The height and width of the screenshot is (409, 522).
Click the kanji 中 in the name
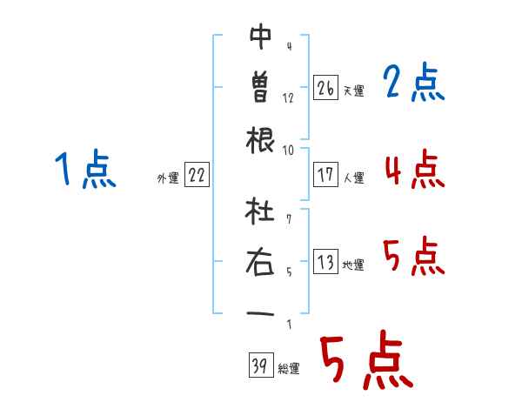261,37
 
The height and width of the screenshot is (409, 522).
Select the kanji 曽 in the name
260,87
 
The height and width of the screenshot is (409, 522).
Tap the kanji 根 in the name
260,140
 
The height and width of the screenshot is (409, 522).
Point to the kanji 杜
259,211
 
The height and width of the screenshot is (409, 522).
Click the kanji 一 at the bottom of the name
260,314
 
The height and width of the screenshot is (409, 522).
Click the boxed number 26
325,87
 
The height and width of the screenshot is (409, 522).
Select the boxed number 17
325,175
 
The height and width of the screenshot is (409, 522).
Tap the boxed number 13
325,261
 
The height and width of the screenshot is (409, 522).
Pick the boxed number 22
197,175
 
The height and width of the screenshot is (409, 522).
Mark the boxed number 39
261,365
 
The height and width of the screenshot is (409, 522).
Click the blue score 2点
413,82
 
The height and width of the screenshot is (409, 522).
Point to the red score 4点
415,169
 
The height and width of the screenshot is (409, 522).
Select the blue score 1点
85,169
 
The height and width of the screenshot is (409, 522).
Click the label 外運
168,178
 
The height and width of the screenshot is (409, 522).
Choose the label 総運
289,369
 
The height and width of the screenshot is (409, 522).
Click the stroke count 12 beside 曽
288,98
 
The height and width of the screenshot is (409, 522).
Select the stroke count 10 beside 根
288,151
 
